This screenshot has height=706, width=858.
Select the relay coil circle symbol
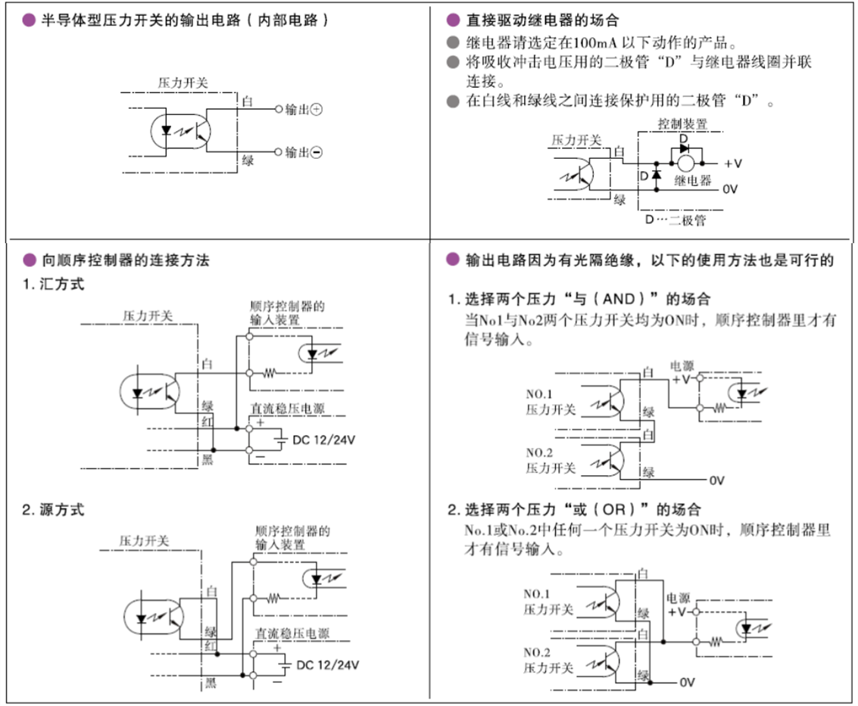[686, 162]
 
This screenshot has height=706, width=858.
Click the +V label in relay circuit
[732, 163]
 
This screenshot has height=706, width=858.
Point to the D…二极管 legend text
[675, 220]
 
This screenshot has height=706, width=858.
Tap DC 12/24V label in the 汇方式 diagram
[323, 440]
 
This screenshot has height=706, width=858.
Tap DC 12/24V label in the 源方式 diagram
[327, 665]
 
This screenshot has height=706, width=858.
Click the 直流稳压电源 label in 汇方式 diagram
[287, 409]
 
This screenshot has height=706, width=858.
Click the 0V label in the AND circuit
[717, 481]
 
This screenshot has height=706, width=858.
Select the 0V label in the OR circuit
[686, 682]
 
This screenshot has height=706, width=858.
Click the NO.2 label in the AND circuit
[540, 453]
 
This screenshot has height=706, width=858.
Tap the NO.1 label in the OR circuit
[538, 593]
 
